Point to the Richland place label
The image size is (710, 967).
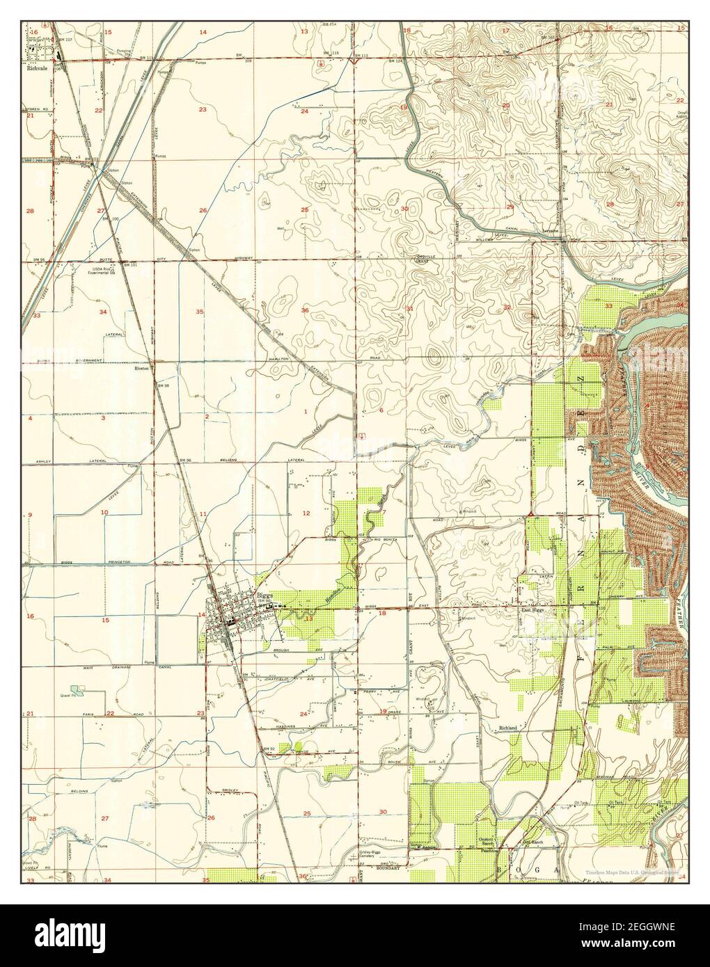coord(508,728)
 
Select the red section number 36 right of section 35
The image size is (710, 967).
coord(304,310)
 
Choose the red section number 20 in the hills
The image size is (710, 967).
coord(505,106)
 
